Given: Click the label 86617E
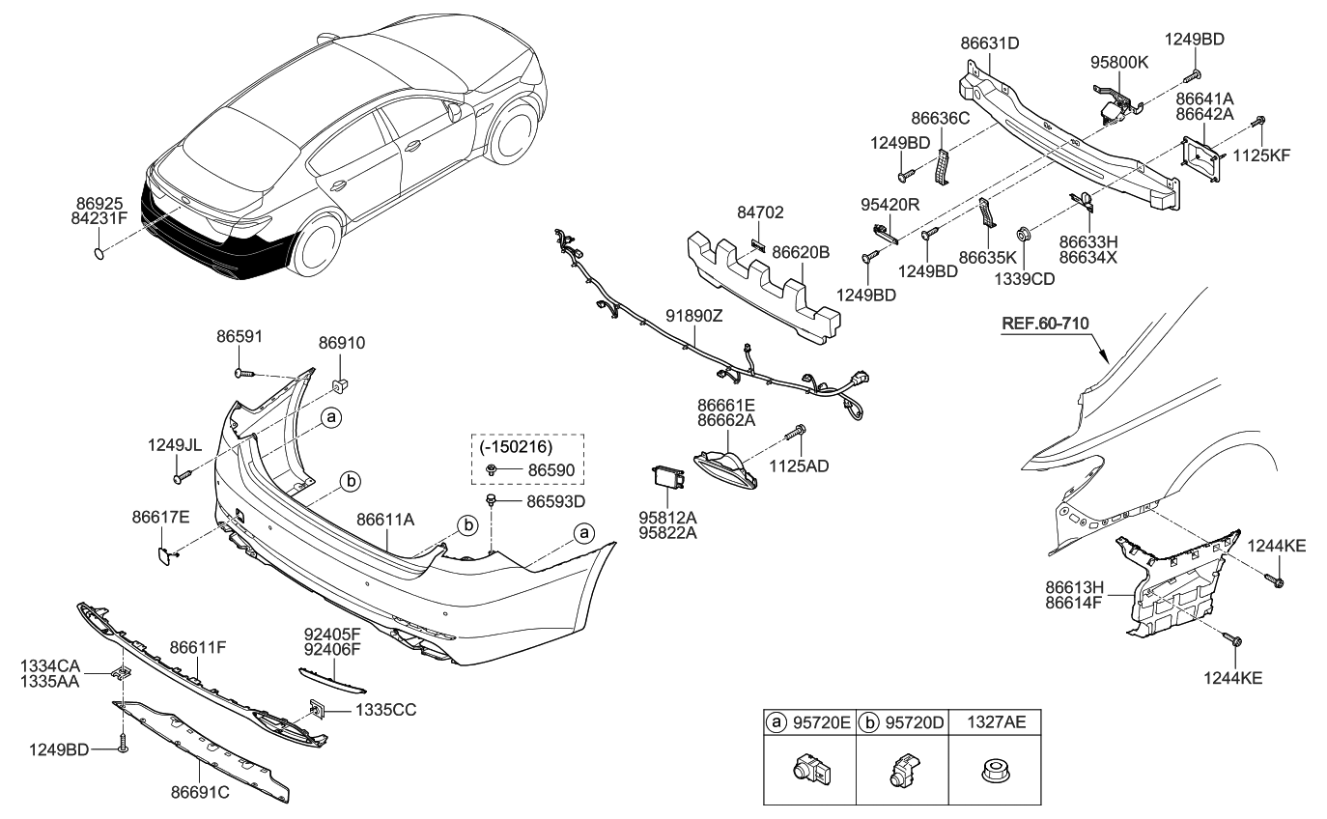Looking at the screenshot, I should click(160, 517).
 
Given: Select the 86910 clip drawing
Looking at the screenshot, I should click(340, 387).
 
